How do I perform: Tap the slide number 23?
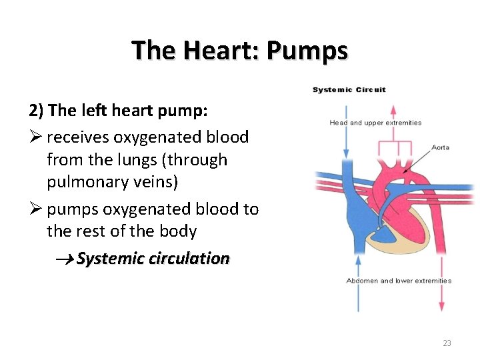(447, 343)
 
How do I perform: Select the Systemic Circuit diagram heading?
(349, 90)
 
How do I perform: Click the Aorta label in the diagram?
(440, 147)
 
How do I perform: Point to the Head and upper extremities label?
(375, 123)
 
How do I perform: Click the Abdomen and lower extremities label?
(399, 281)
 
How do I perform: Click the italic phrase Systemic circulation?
(153, 259)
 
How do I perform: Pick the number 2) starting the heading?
(36, 109)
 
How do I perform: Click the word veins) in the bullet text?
(155, 182)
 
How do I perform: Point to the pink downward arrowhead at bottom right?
(441, 306)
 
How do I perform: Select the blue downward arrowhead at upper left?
(345, 153)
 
